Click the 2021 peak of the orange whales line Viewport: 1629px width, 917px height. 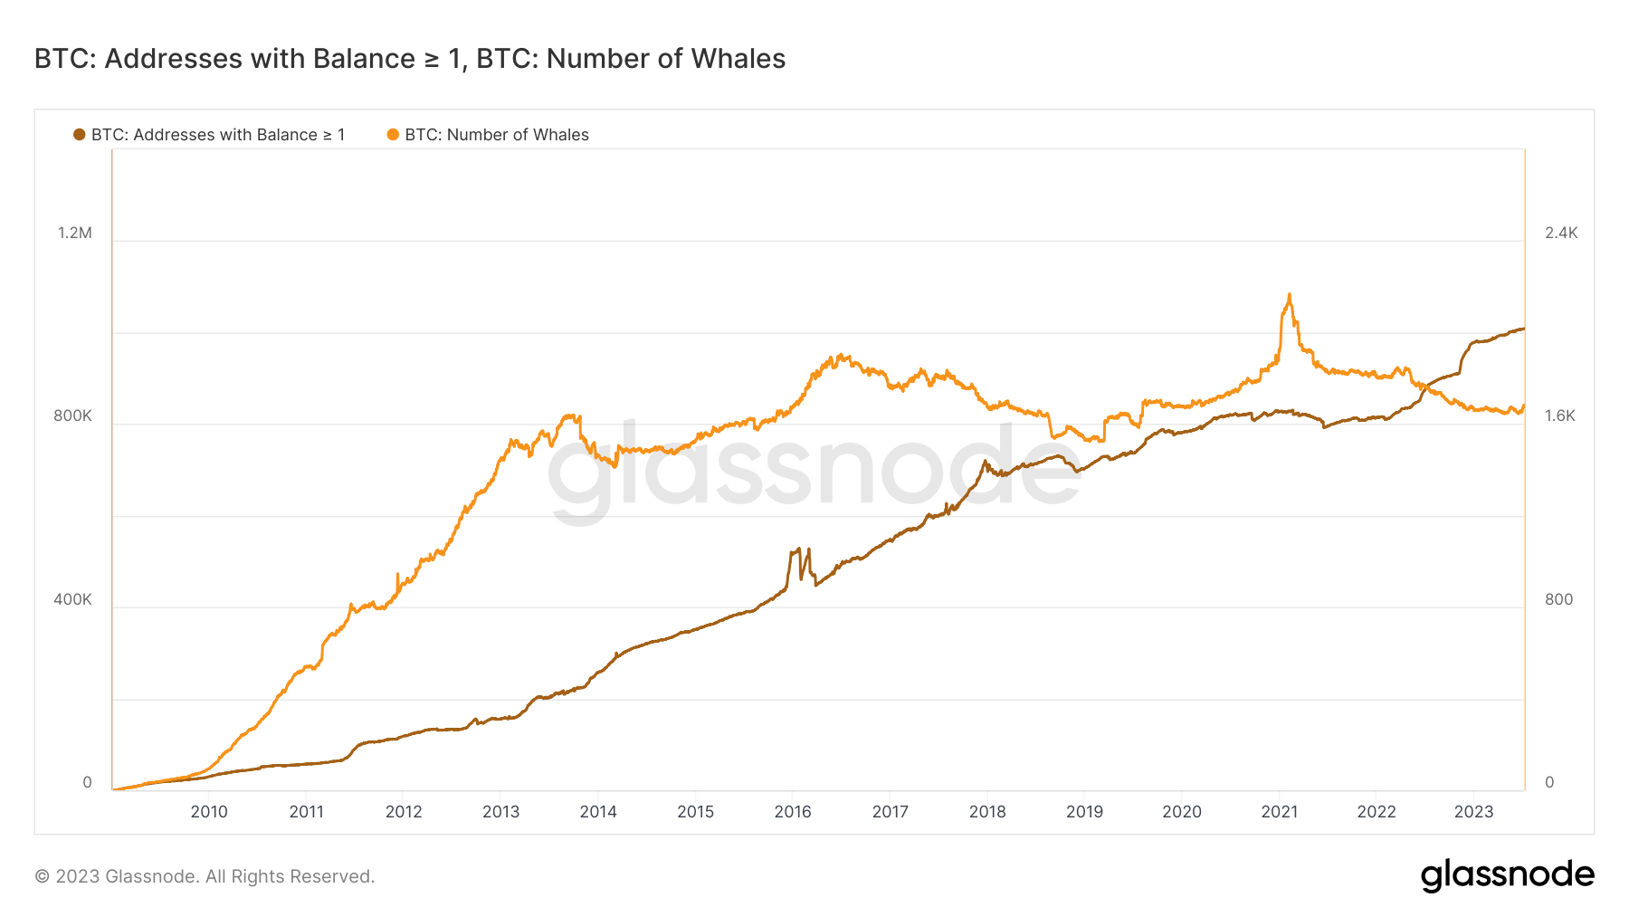click(1289, 295)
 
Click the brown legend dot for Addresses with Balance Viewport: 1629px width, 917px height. click(80, 135)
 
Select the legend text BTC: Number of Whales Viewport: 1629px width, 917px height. click(496, 135)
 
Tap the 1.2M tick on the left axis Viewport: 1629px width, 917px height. click(75, 233)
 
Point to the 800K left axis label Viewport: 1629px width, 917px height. click(72, 416)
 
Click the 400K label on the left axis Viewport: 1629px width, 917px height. click(72, 599)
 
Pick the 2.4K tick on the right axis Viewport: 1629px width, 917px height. click(1561, 233)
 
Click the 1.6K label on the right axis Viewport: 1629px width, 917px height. click(1560, 416)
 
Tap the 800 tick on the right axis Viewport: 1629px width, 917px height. click(1558, 599)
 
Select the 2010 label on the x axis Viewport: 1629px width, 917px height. click(209, 812)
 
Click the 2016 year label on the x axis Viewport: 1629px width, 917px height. click(793, 812)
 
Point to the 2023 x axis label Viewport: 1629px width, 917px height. click(1473, 812)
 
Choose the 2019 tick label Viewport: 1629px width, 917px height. click(1084, 812)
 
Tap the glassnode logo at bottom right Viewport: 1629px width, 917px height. click(1507, 875)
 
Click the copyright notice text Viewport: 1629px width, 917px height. click(205, 876)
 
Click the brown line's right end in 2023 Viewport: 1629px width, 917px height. click(1523, 329)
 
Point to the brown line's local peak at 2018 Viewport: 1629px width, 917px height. click(985, 462)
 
